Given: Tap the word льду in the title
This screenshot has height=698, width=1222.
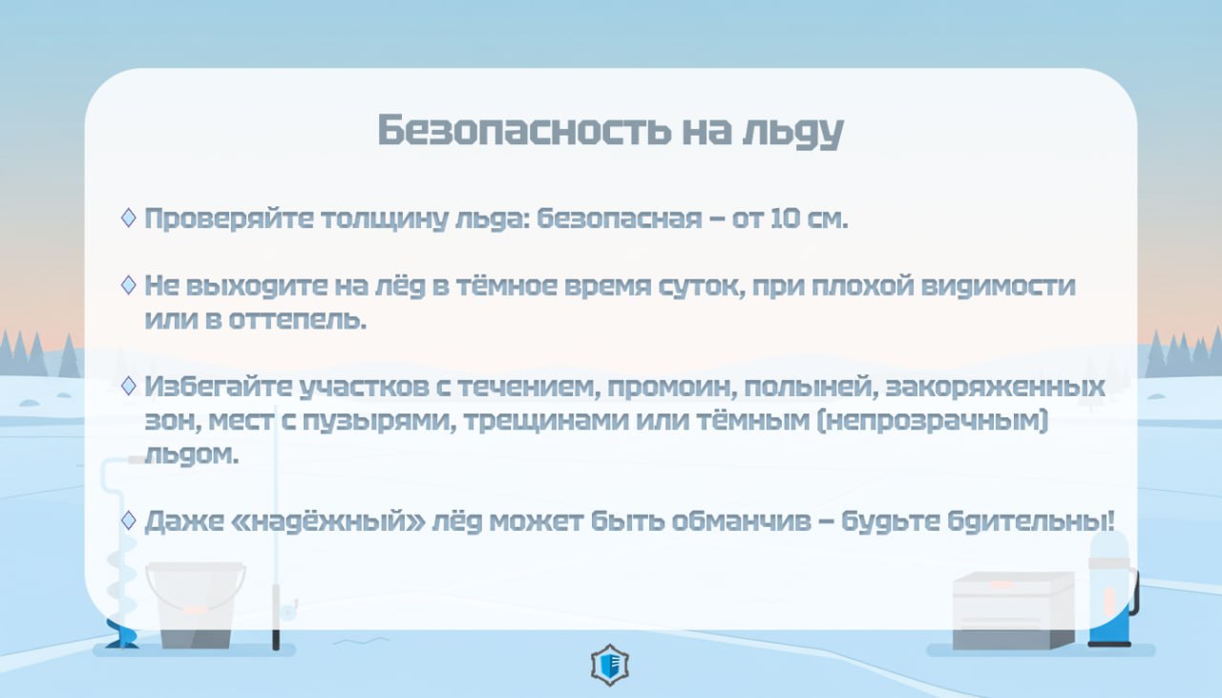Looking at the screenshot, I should pos(792,132).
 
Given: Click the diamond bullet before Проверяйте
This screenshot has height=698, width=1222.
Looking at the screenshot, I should pos(129,218).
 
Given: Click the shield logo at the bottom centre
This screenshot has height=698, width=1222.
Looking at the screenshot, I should pos(610,666).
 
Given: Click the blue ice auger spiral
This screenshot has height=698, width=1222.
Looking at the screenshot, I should pos(122,573).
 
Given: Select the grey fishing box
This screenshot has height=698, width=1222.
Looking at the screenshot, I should pos(1012,611).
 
